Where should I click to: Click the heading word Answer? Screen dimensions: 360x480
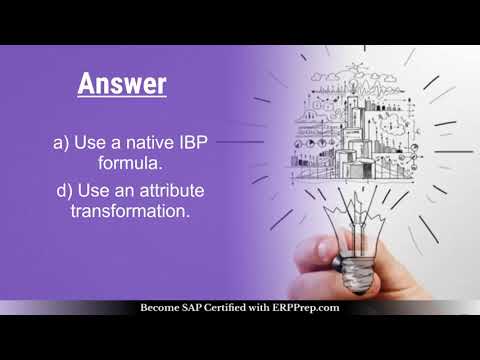pos(122,83)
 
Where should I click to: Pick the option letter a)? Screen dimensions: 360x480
pos(62,143)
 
